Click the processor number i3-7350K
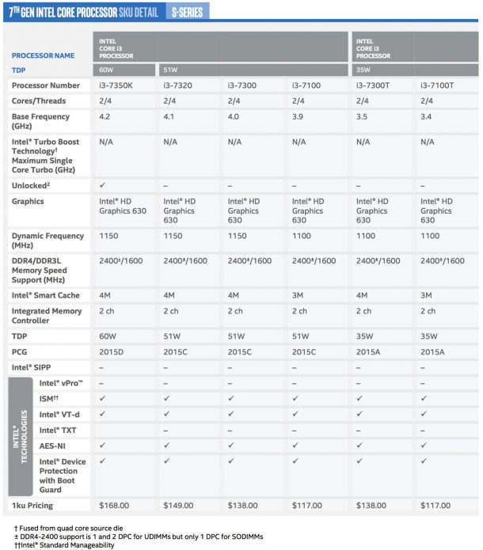click(119, 85)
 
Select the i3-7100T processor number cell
click(438, 85)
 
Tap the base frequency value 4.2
click(105, 116)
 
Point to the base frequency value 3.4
click(427, 116)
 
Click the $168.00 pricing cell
click(114, 504)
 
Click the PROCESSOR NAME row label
click(43, 56)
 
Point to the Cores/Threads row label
click(39, 101)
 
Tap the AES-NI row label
click(53, 445)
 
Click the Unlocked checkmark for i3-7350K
click(103, 184)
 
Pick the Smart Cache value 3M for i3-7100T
click(428, 295)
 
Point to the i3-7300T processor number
click(375, 85)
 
